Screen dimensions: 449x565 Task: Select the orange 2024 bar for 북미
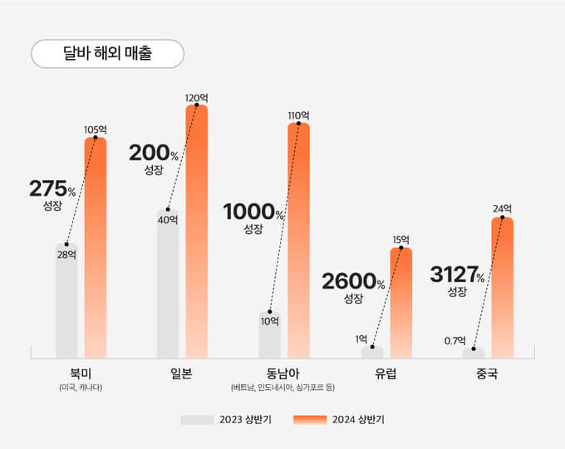[96, 249]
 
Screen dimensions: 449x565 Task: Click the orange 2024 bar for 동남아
[298, 241]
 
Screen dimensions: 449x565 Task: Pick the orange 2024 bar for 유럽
[400, 303]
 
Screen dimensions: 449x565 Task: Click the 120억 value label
[196, 98]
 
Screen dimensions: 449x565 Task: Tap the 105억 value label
[96, 129]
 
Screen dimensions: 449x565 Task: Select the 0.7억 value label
[454, 340]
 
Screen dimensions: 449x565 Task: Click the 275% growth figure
[52, 189]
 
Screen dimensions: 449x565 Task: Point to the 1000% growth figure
[253, 212]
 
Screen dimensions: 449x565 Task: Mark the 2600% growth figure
[353, 282]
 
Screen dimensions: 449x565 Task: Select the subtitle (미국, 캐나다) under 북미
[81, 388]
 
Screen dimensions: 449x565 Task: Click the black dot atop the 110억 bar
[298, 124]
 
